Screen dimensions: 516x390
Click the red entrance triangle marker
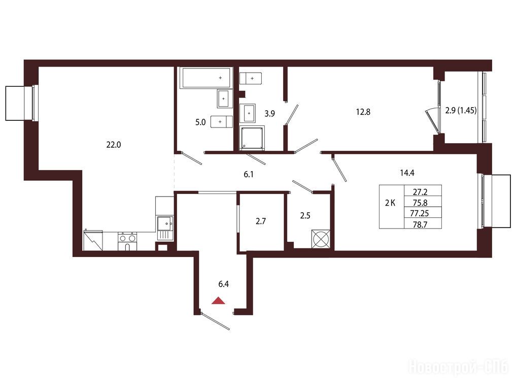pyautogui.click(x=218, y=301)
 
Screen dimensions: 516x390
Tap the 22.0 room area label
pyautogui.click(x=114, y=144)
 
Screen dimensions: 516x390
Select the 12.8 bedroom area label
pyautogui.click(x=363, y=112)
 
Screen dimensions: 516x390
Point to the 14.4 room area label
pyautogui.click(x=407, y=173)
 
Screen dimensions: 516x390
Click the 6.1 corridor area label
pyautogui.click(x=249, y=174)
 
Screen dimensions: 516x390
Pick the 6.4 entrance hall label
pyautogui.click(x=223, y=283)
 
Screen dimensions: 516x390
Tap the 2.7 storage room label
pyautogui.click(x=261, y=221)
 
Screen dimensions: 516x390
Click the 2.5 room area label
pyautogui.click(x=305, y=216)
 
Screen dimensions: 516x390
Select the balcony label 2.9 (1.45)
pyautogui.click(x=461, y=111)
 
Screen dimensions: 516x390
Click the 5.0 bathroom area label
pyautogui.click(x=200, y=122)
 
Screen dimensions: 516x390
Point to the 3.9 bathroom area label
pyautogui.click(x=269, y=114)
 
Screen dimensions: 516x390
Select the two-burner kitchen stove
pyautogui.click(x=127, y=241)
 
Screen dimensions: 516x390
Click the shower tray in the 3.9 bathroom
pyautogui.click(x=252, y=138)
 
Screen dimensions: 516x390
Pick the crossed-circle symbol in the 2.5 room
pyautogui.click(x=321, y=238)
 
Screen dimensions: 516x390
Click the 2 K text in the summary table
pyautogui.click(x=390, y=203)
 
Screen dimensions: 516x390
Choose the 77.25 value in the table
pyautogui.click(x=420, y=213)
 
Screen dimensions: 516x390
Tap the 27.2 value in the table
pyautogui.click(x=420, y=192)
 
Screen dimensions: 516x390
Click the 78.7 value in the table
pyautogui.click(x=420, y=224)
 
